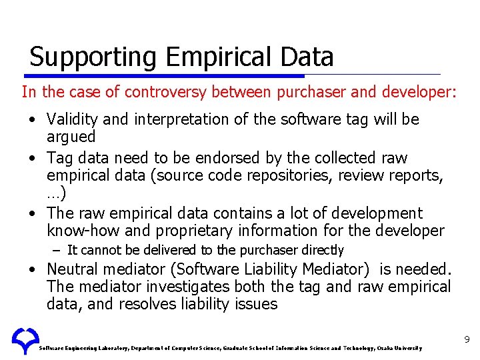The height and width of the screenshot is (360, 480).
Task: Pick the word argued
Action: (71, 137)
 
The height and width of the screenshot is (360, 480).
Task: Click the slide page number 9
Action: (467, 341)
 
